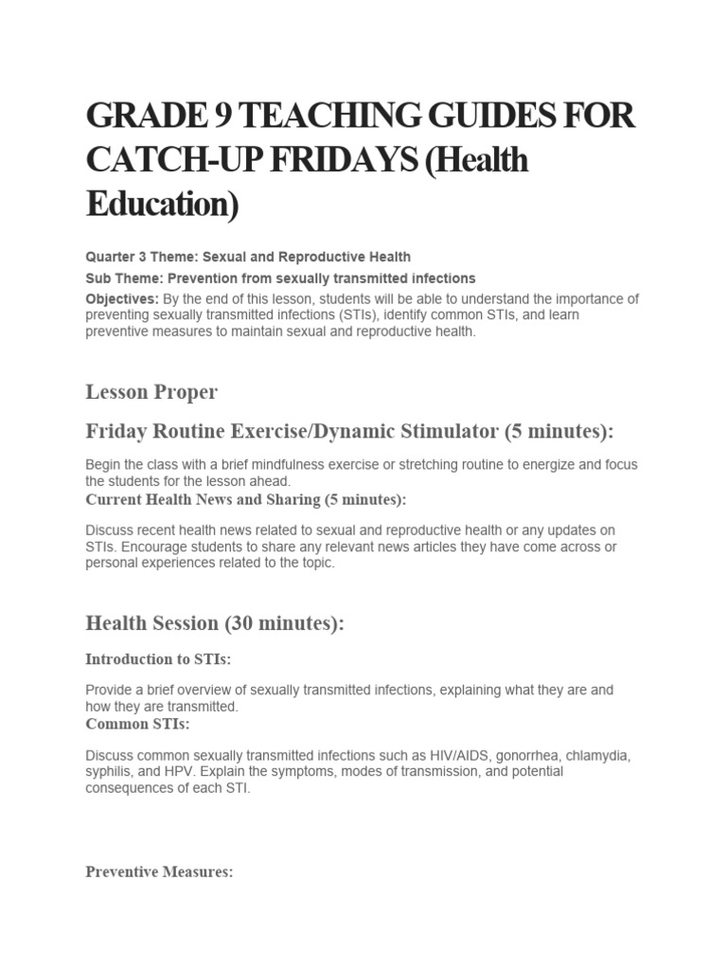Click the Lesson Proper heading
click(151, 391)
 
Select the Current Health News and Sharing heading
click(246, 499)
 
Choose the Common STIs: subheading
click(138, 725)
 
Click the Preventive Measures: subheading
click(159, 872)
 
